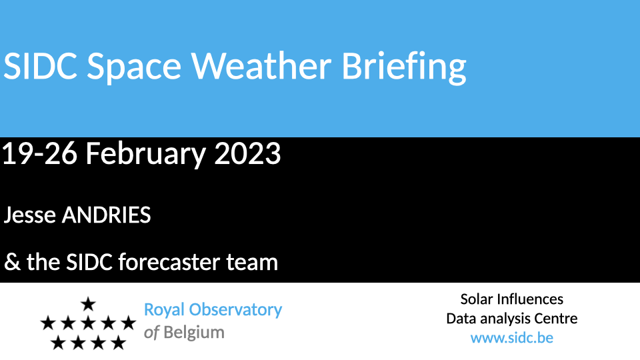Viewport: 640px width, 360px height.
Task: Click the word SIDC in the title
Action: click(x=40, y=66)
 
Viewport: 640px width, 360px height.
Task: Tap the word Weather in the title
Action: click(x=261, y=66)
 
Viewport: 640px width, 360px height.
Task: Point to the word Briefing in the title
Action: click(x=404, y=68)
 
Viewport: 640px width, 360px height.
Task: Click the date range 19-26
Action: click(x=39, y=153)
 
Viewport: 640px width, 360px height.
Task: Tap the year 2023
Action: click(x=247, y=153)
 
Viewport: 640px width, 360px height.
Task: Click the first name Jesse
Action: click(x=30, y=215)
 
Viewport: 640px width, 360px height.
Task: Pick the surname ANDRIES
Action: click(x=106, y=215)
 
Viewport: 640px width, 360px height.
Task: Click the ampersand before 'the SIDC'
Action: click(x=12, y=262)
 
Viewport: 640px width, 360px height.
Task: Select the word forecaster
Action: click(x=169, y=262)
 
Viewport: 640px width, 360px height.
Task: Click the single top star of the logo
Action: click(x=88, y=304)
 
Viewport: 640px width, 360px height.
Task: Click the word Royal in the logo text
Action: click(x=165, y=311)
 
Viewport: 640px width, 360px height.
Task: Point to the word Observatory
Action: click(x=235, y=311)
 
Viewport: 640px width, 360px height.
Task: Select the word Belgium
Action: click(x=194, y=333)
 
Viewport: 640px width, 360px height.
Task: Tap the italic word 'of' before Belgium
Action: click(x=151, y=333)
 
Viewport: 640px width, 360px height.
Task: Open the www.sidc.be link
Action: click(x=512, y=338)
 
